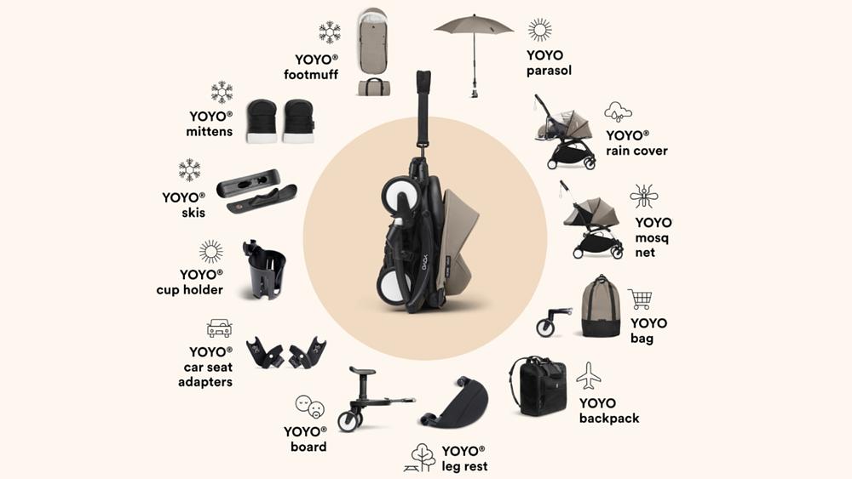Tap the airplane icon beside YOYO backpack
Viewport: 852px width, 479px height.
[588, 375]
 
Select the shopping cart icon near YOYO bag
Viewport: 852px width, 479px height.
[640, 299]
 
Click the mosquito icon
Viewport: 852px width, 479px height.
[643, 197]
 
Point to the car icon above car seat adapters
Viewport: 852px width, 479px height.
[219, 328]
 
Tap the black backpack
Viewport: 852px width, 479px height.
[538, 385]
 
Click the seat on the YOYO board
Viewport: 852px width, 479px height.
[363, 372]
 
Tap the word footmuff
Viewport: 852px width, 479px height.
[311, 75]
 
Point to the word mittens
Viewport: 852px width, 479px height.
[210, 132]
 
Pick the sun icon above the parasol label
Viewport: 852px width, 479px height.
[539, 30]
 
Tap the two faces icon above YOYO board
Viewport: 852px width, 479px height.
[309, 406]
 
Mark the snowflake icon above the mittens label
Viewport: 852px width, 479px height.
[222, 92]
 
